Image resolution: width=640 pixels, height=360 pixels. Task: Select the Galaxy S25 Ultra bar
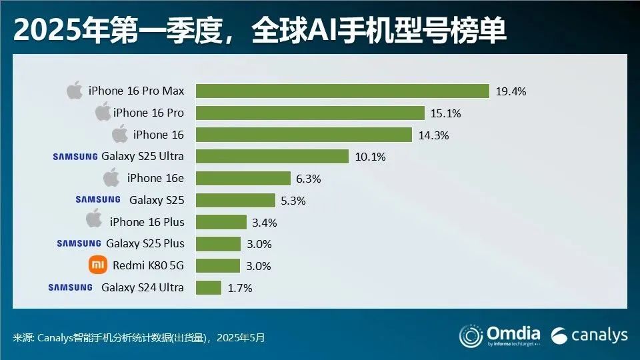pyautogui.click(x=272, y=156)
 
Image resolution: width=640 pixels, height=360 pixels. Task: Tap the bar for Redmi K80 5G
pyautogui.click(x=217, y=265)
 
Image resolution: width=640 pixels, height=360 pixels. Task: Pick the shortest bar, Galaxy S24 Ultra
pyautogui.click(x=208, y=287)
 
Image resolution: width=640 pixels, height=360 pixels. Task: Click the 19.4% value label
pyautogui.click(x=511, y=91)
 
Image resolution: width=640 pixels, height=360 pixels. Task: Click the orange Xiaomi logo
pyautogui.click(x=97, y=265)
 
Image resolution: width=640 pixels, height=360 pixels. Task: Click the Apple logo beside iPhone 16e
pyautogui.click(x=112, y=178)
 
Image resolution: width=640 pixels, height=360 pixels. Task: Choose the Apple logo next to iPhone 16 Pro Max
pyautogui.click(x=75, y=91)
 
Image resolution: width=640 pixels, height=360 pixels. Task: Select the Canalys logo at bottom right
pyautogui.click(x=589, y=335)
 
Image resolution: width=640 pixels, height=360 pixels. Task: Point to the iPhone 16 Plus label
pyautogui.click(x=147, y=221)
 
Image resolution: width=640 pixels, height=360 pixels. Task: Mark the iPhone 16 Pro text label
pyautogui.click(x=148, y=113)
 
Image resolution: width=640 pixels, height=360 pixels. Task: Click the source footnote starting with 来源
pyautogui.click(x=139, y=337)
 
